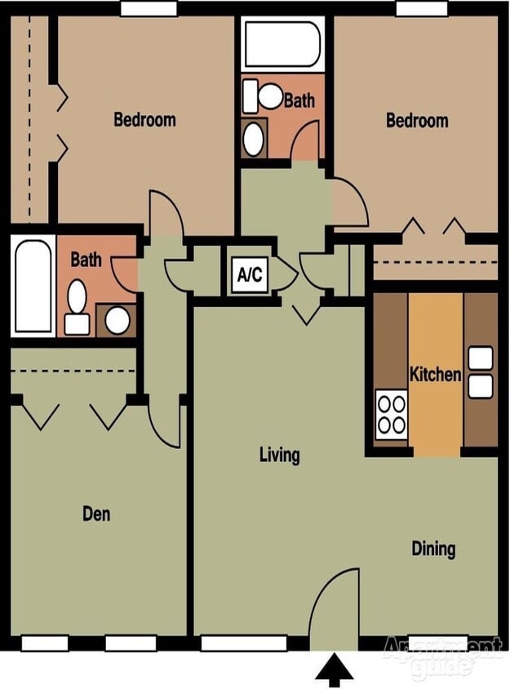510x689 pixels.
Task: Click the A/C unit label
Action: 250,274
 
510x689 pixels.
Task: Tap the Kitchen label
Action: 435,375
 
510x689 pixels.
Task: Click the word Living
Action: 280,455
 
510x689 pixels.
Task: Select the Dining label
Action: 433,549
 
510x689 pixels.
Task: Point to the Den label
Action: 96,513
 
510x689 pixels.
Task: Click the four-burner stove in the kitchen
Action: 392,414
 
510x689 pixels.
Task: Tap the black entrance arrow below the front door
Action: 335,669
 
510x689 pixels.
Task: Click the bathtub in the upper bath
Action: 282,44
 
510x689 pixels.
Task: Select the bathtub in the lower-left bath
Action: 33,286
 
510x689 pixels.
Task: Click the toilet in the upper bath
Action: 262,96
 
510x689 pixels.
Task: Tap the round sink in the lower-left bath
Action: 118,320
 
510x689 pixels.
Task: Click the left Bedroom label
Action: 144,119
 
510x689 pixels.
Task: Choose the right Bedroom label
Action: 417,120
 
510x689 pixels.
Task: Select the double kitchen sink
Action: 481,372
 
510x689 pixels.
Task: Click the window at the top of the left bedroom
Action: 149,8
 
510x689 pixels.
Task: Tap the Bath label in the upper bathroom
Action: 299,100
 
